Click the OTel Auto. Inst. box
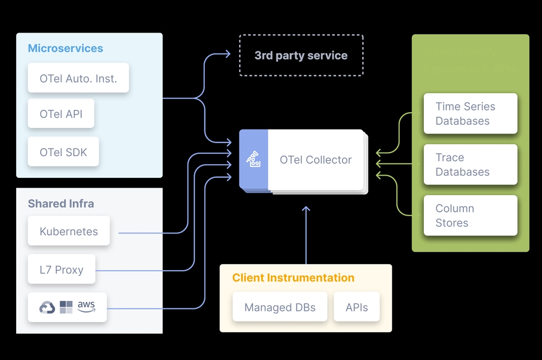click(x=78, y=78)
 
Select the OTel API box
click(x=61, y=114)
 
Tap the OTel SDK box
click(x=63, y=152)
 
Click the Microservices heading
click(x=65, y=48)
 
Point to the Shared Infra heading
click(x=61, y=204)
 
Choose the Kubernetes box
click(x=69, y=232)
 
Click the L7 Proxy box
click(x=61, y=269)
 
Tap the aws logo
click(x=86, y=306)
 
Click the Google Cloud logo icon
click(x=47, y=308)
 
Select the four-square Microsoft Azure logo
click(x=66, y=307)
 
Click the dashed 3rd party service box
click(x=301, y=55)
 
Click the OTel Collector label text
click(x=315, y=160)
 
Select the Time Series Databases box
click(x=470, y=114)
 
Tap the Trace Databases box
click(x=470, y=165)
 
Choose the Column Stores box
click(x=470, y=216)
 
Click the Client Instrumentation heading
click(x=293, y=278)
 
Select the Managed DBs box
click(x=280, y=307)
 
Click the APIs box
click(x=357, y=307)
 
